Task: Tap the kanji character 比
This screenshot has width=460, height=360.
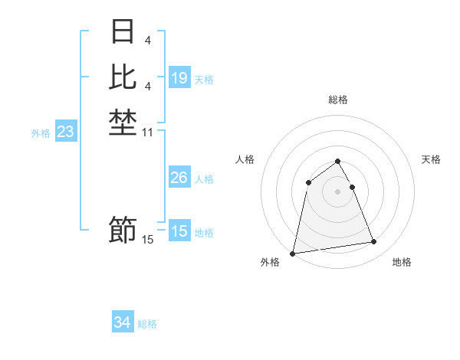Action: (123, 76)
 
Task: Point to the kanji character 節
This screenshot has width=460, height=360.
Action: (123, 229)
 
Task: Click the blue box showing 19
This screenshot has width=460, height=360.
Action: (179, 77)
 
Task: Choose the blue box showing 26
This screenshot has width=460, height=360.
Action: (179, 178)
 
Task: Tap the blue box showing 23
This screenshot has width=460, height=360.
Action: (65, 132)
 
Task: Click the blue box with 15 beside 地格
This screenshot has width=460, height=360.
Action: (179, 231)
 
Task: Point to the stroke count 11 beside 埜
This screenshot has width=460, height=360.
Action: (148, 133)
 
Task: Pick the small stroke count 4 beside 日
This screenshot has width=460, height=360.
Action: (148, 40)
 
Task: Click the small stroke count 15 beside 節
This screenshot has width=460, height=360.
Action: (148, 239)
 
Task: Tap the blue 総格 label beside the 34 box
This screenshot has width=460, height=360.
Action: (147, 324)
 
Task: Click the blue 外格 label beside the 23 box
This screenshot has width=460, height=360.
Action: (41, 133)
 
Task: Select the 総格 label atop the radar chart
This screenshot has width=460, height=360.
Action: (338, 100)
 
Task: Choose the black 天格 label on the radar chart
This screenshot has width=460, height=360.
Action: (431, 159)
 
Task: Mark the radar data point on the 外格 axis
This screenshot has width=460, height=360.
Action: (293, 253)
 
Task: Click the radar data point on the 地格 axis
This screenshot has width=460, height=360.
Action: (374, 242)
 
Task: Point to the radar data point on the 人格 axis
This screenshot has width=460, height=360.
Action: (308, 182)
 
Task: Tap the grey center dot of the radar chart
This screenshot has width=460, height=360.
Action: (338, 191)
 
